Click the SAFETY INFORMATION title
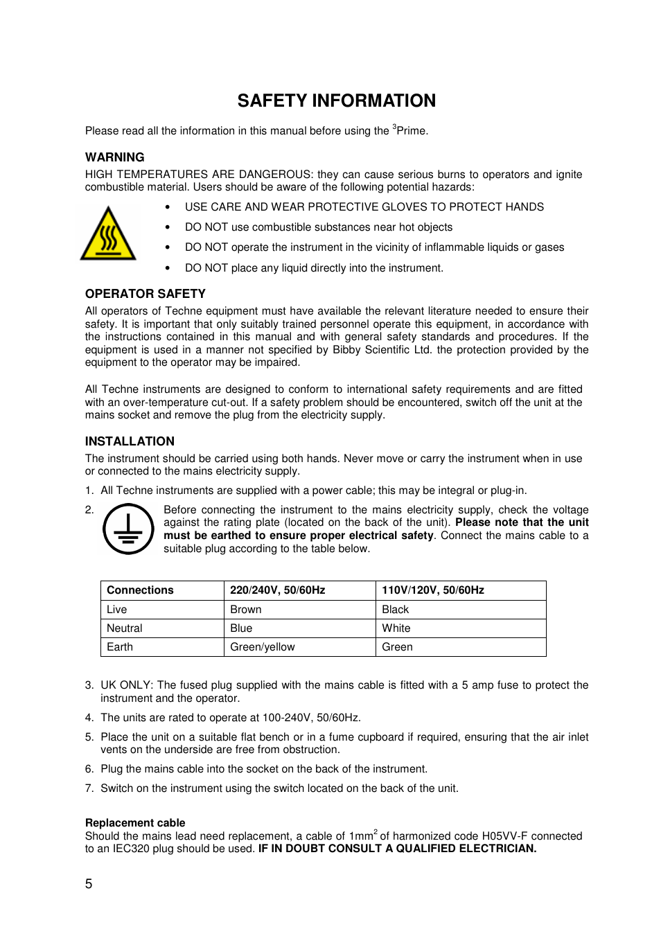pos(336,101)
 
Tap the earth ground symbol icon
pos(128,529)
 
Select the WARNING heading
pos(114,157)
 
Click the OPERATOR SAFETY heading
pos(145,294)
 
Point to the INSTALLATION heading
pos(130,441)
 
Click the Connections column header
pos(140,590)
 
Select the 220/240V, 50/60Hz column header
pos(277,590)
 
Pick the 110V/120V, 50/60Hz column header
pos(432,590)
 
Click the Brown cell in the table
pos(245,610)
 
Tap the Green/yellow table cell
pos(262,647)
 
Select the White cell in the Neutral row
pos(396,628)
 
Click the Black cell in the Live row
pos(395,610)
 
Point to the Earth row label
pos(119,647)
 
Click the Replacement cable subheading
pos(135,823)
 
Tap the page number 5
pos(89,884)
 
